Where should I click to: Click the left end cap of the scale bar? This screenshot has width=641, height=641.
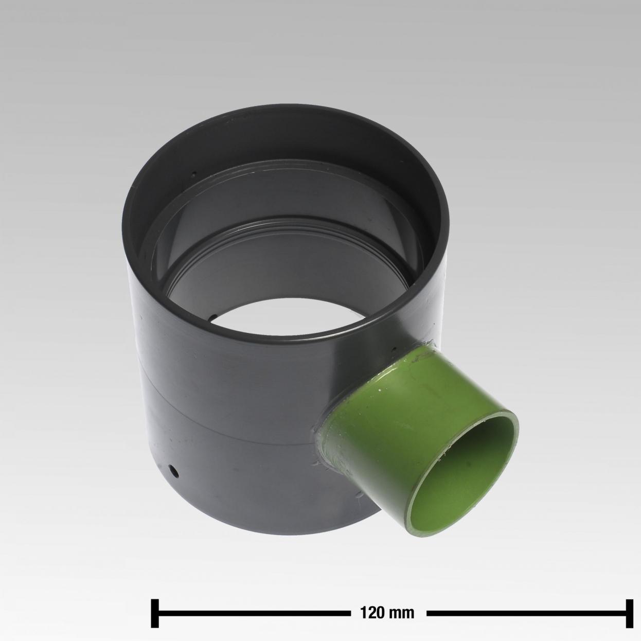(155, 604)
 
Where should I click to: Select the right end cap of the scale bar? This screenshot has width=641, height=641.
(629, 604)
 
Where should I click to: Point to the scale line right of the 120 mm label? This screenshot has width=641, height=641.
(526, 604)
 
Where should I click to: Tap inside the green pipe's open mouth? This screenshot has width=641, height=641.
(462, 469)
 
